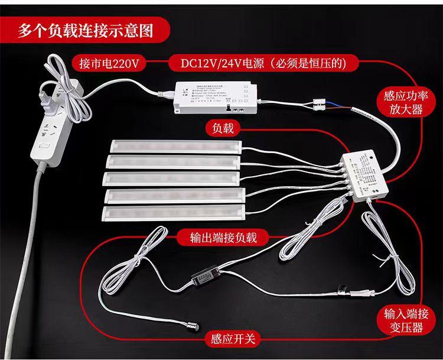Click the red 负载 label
224,128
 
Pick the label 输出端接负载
221,236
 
